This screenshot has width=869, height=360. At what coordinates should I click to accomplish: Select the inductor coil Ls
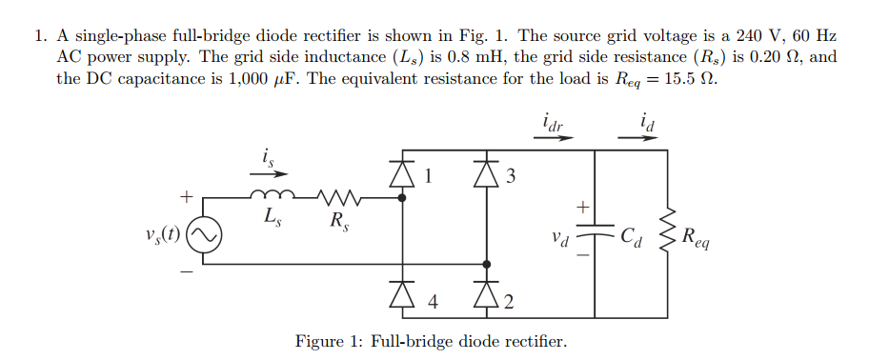[271, 197]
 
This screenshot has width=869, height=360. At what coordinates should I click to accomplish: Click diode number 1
[401, 173]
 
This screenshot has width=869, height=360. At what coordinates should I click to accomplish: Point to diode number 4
[401, 298]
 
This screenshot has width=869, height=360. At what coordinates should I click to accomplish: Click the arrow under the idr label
[554, 137]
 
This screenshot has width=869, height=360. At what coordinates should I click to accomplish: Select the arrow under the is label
[270, 173]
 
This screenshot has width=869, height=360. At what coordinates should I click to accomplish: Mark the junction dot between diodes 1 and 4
[401, 198]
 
